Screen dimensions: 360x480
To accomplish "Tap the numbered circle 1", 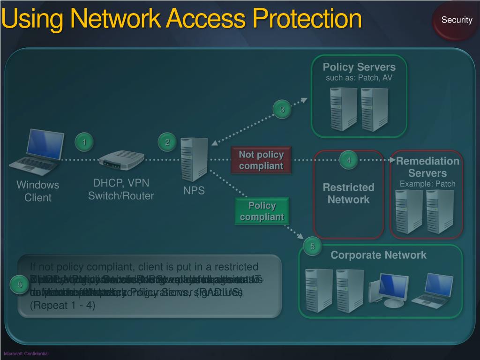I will tap(84, 142).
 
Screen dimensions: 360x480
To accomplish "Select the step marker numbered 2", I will tap(166, 142).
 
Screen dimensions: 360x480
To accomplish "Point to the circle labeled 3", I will tap(282, 110).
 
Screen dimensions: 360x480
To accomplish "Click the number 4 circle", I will tap(348, 160).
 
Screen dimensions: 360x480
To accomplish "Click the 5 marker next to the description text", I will tap(20, 285).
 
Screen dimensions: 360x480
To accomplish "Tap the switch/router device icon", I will tap(121, 160).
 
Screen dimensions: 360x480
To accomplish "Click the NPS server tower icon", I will tap(194, 159).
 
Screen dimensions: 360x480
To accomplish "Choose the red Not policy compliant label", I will tap(261, 160).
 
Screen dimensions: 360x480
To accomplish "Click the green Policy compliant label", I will tap(262, 211).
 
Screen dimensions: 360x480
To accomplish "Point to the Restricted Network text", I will tap(348, 194).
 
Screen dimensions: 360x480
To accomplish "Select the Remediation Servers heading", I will tap(427, 167).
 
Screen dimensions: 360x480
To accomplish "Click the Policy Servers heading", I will tap(359, 67).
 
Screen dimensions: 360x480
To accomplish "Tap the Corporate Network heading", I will tap(378, 255).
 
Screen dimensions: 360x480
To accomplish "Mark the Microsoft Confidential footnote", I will tap(26, 353).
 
